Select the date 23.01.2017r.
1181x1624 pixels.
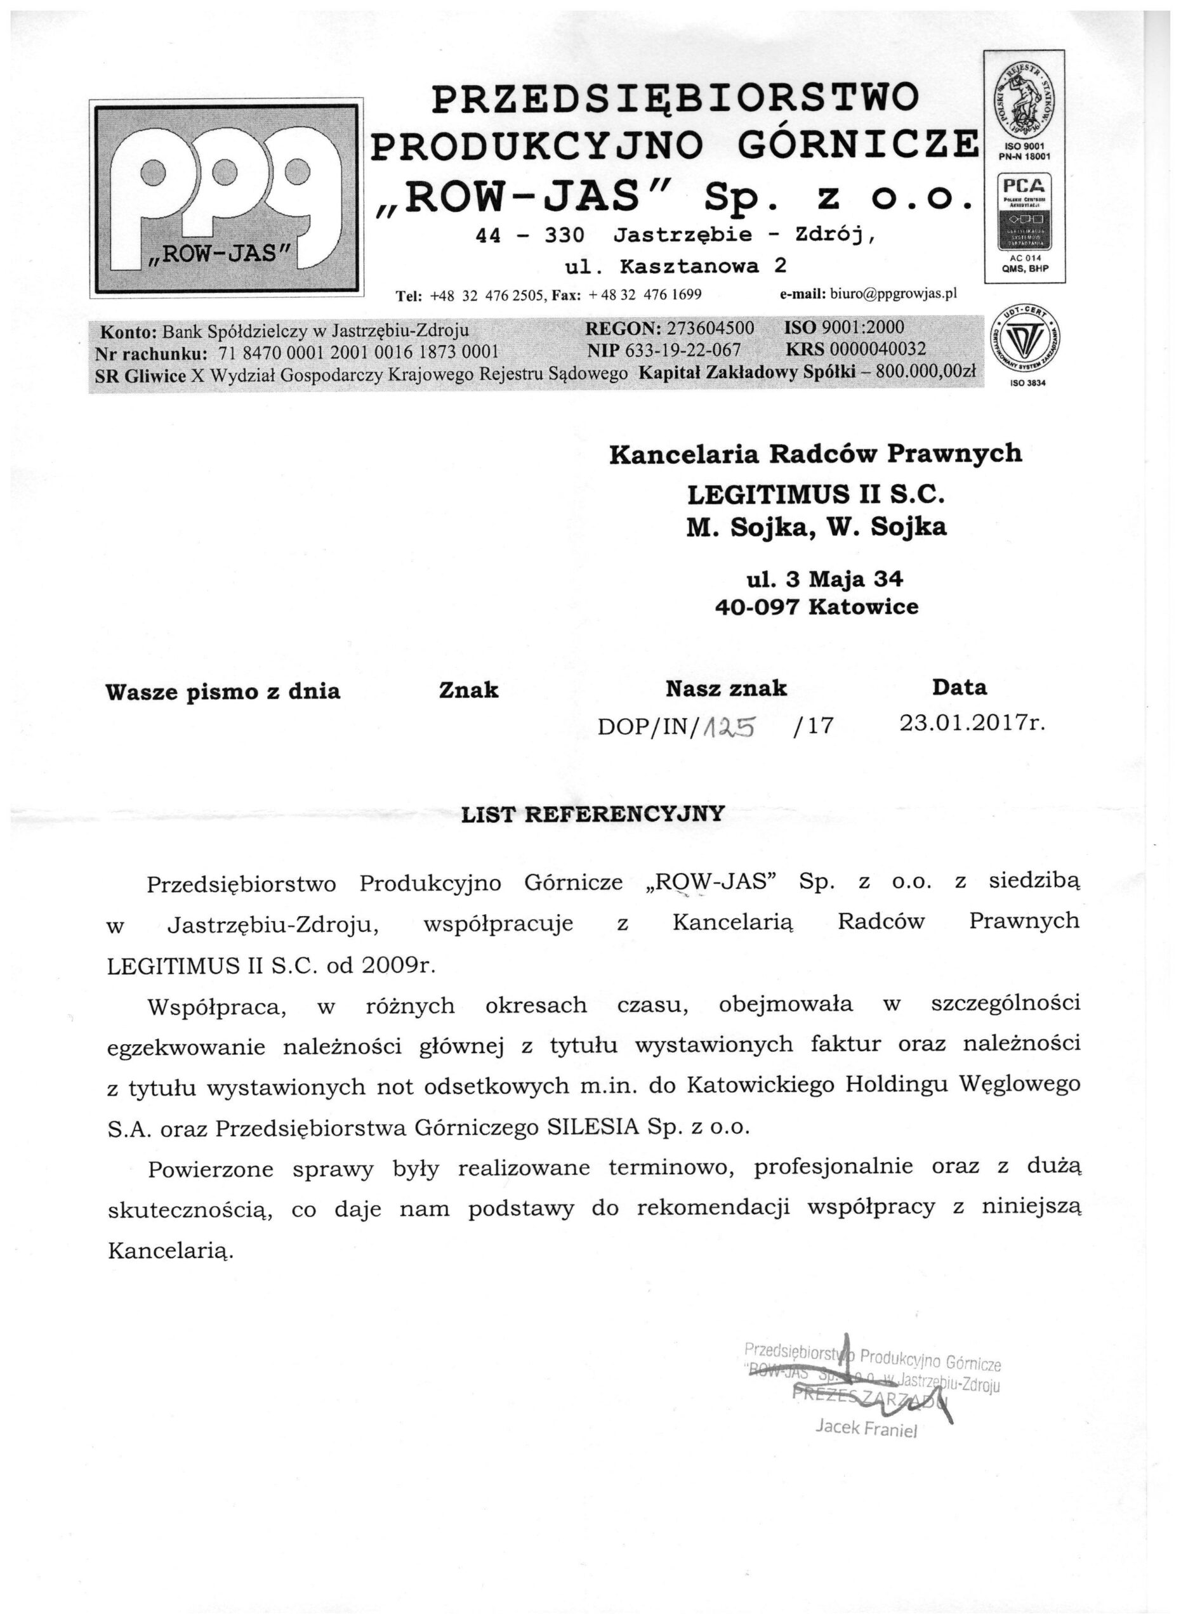(x=972, y=723)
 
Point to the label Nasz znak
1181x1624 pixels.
(x=725, y=689)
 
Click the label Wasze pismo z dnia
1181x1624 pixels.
(x=222, y=691)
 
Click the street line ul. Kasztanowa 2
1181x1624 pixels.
(x=675, y=266)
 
